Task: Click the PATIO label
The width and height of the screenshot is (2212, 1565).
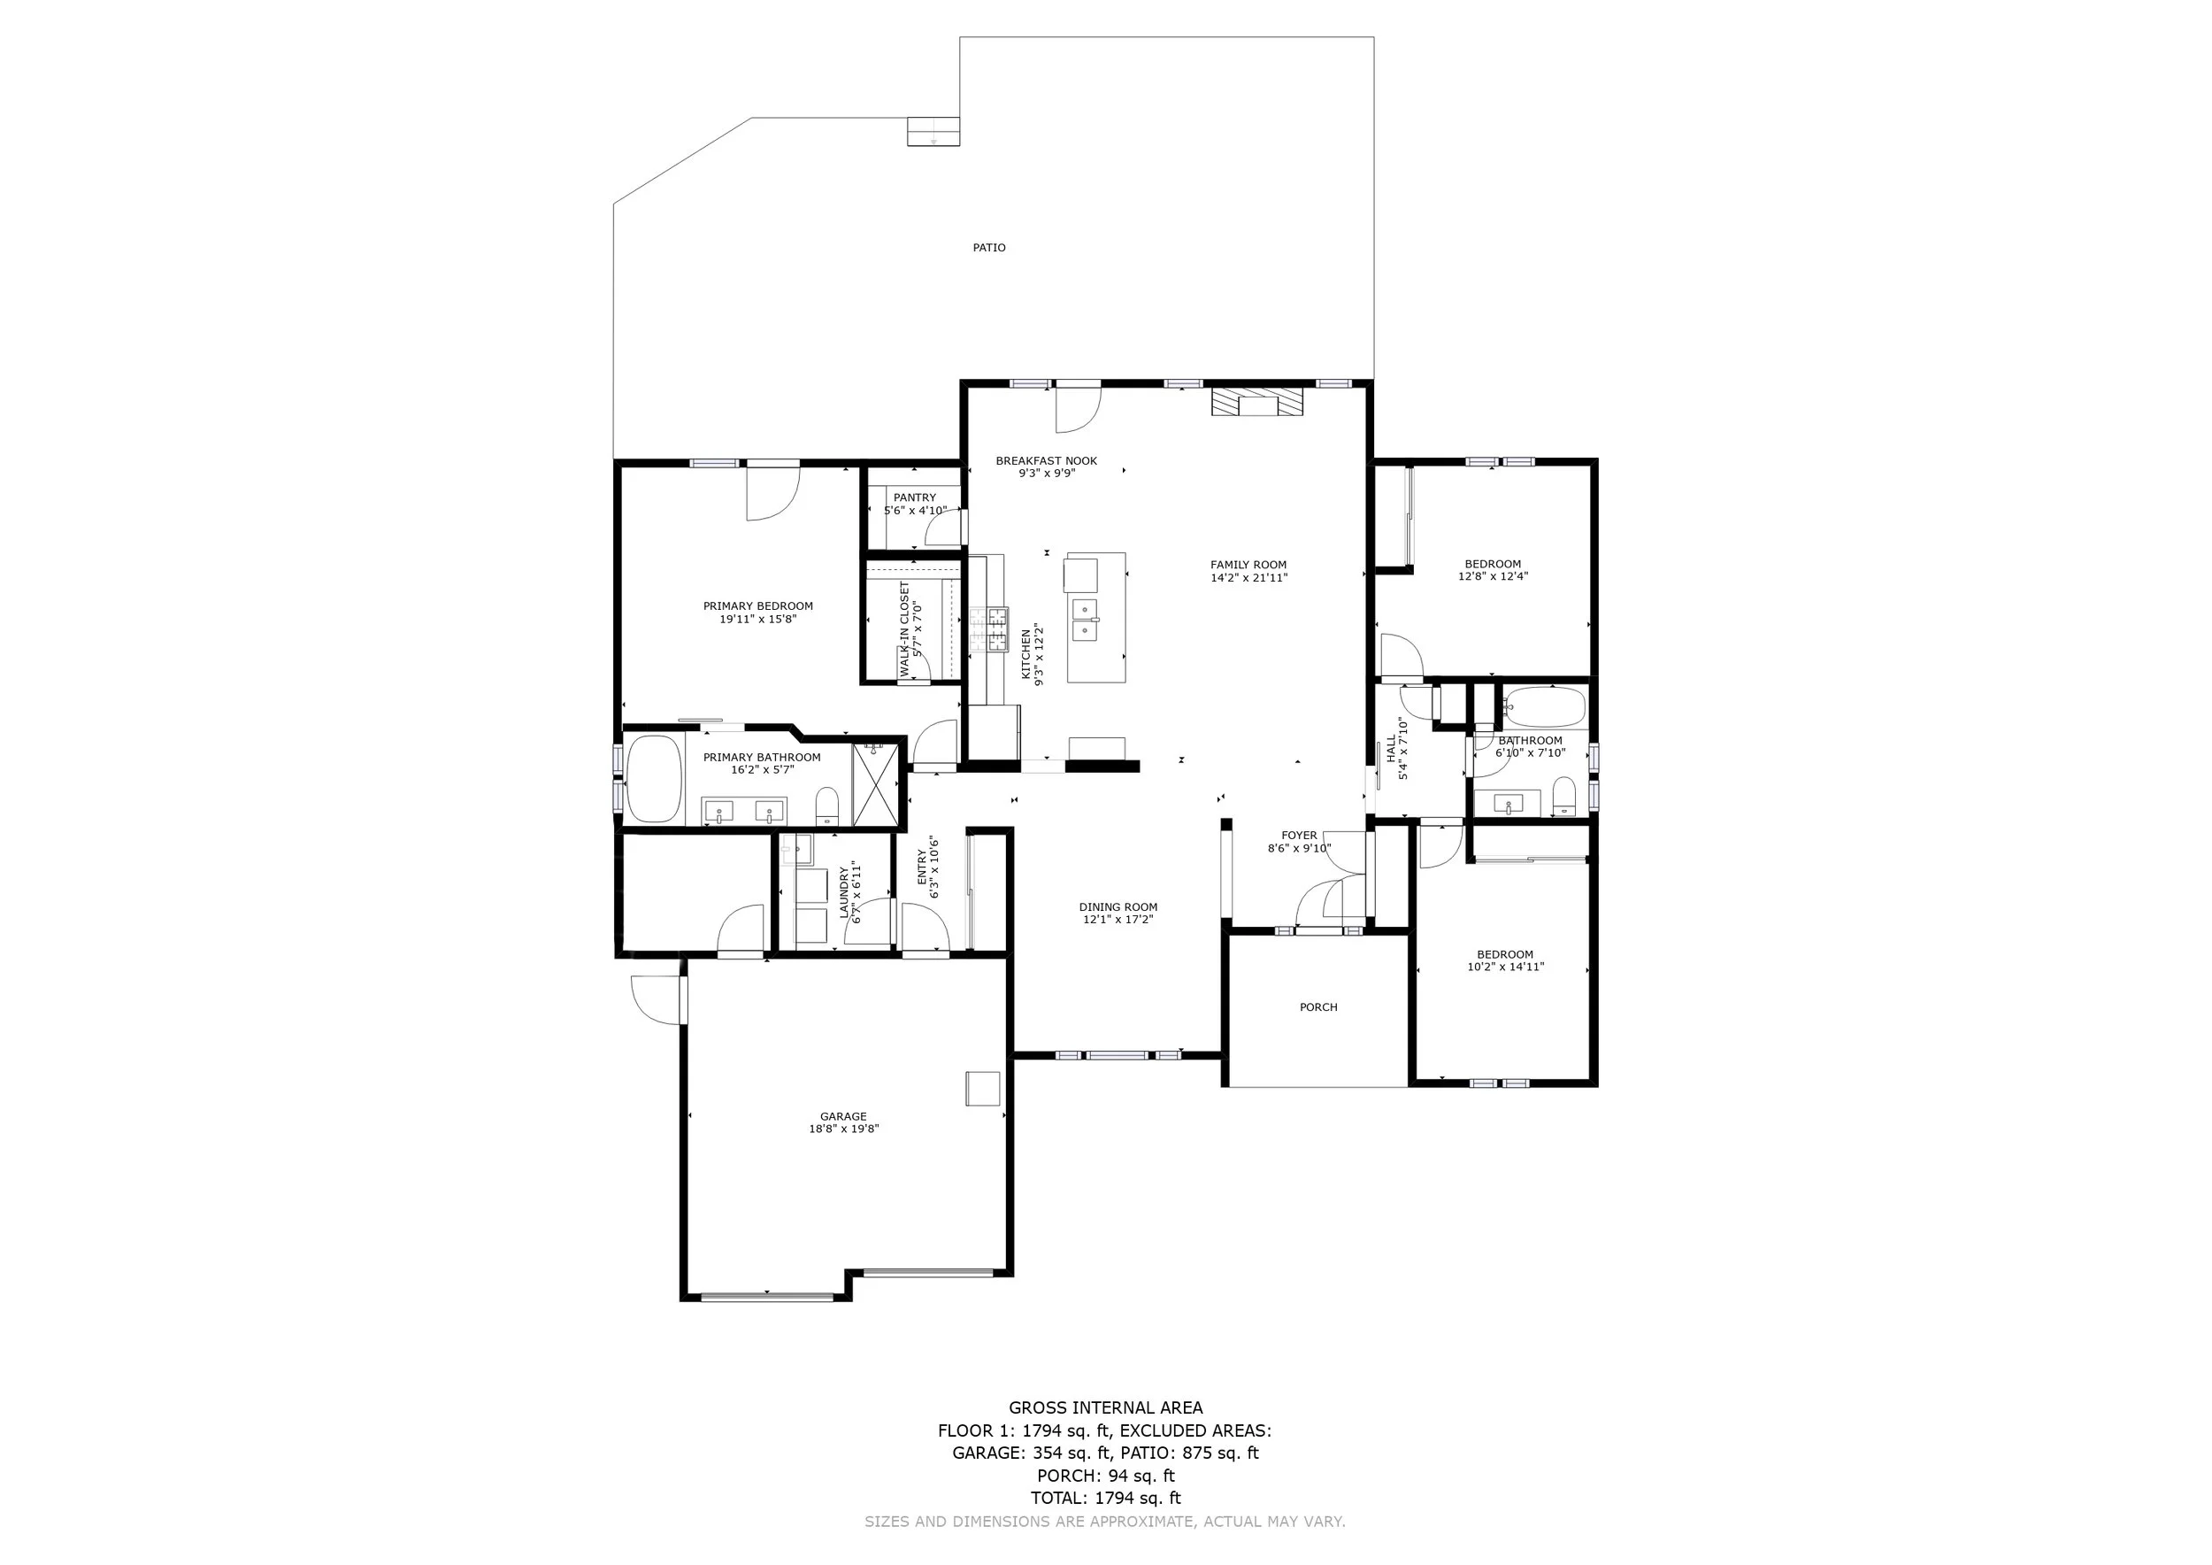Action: (988, 248)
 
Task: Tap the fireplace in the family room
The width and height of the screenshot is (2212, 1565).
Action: (1257, 402)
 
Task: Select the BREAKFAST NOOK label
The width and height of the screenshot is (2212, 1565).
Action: (1046, 460)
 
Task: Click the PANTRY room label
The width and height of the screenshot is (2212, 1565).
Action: (914, 497)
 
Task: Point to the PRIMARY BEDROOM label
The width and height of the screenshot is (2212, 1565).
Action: (758, 606)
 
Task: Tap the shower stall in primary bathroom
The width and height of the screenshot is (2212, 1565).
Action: (875, 784)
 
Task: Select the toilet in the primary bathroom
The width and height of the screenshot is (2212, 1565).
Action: (827, 806)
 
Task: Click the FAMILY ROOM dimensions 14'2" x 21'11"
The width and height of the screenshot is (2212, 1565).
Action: (1248, 578)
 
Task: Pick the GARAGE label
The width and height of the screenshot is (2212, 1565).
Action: (843, 1117)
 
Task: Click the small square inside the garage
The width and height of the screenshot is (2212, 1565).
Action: (984, 1088)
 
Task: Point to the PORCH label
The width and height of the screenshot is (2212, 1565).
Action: (1318, 1007)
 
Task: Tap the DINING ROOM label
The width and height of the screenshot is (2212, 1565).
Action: (1118, 906)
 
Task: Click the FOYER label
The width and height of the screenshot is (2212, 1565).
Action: (1299, 836)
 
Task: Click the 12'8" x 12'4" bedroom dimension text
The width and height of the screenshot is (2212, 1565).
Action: (1493, 577)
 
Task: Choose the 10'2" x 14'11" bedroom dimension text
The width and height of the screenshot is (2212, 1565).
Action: (1505, 967)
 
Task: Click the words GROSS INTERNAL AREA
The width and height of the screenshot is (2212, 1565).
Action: (1105, 1408)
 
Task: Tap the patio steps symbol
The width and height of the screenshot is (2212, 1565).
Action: (933, 132)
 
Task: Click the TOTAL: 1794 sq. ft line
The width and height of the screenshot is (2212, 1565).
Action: (1105, 1499)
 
